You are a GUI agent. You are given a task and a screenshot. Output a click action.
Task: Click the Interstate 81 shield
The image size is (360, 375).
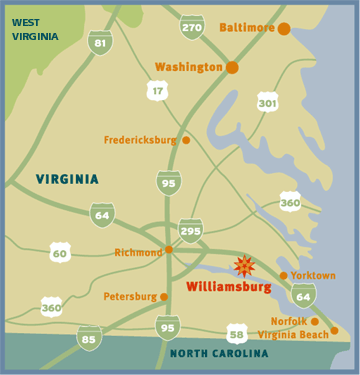tap(98, 42)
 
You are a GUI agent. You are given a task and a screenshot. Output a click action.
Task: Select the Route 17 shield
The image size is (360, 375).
tap(157, 91)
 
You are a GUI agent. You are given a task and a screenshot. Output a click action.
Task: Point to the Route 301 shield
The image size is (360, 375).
tap(266, 102)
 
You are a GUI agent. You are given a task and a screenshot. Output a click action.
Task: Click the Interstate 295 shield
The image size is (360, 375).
tap(190, 231)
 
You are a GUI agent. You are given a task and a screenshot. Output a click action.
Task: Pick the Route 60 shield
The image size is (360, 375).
tap(60, 253)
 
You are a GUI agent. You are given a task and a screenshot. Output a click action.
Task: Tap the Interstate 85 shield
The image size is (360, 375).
tap(90, 338)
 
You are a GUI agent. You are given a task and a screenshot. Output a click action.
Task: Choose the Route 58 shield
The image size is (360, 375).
tap(236, 333)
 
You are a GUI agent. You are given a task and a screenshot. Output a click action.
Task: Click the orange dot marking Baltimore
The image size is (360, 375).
tap(284, 28)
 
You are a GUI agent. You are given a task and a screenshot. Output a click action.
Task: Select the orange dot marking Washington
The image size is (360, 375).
tap(232, 67)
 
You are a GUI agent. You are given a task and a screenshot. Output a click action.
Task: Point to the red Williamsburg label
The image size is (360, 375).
tap(229, 287)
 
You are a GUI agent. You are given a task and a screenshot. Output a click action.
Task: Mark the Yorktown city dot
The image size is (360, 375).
tap(283, 275)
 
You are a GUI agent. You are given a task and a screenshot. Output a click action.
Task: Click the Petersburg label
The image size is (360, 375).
tap(129, 296)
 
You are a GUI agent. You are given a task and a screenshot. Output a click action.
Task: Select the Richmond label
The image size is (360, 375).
tap(138, 252)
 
